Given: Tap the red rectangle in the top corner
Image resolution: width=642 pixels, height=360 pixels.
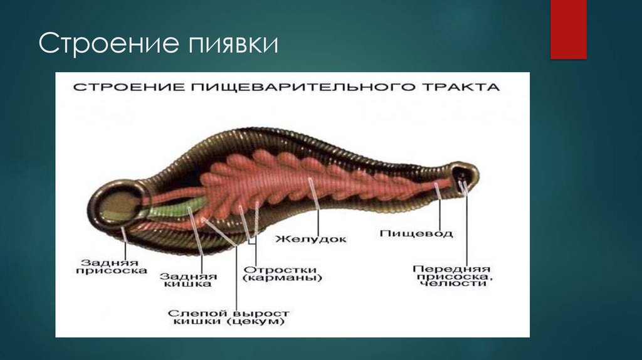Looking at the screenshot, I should pos(568,29).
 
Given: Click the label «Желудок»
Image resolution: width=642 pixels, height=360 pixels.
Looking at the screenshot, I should pos(312,239).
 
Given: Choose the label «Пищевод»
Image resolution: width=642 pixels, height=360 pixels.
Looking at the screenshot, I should pos(416,234).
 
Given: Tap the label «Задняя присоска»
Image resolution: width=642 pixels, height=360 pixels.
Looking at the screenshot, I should pos(110,266).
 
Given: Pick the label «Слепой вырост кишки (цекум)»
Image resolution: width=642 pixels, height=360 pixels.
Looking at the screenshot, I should pos(229,317).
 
